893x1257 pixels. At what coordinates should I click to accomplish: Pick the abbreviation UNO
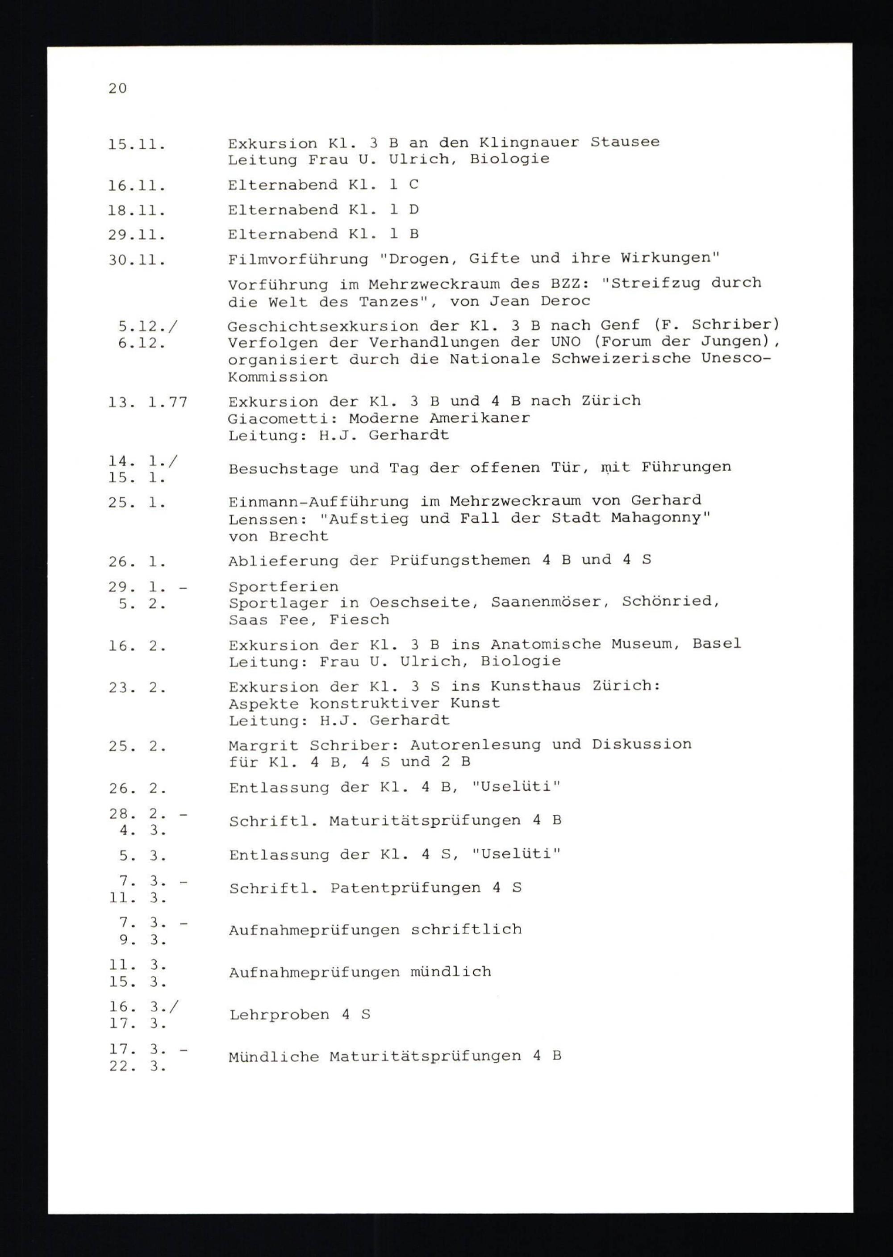coord(566,342)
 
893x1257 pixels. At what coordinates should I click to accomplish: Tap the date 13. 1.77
coord(148,402)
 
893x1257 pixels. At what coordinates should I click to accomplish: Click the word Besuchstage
coord(283,469)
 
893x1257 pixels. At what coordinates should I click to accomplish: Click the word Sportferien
coord(283,587)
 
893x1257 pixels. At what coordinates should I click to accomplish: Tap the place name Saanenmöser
coord(550,603)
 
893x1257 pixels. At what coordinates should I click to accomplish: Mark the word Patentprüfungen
coord(405,888)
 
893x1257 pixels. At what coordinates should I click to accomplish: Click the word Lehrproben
coord(280,1015)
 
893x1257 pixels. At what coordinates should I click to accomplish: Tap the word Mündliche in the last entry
coord(273,1057)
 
